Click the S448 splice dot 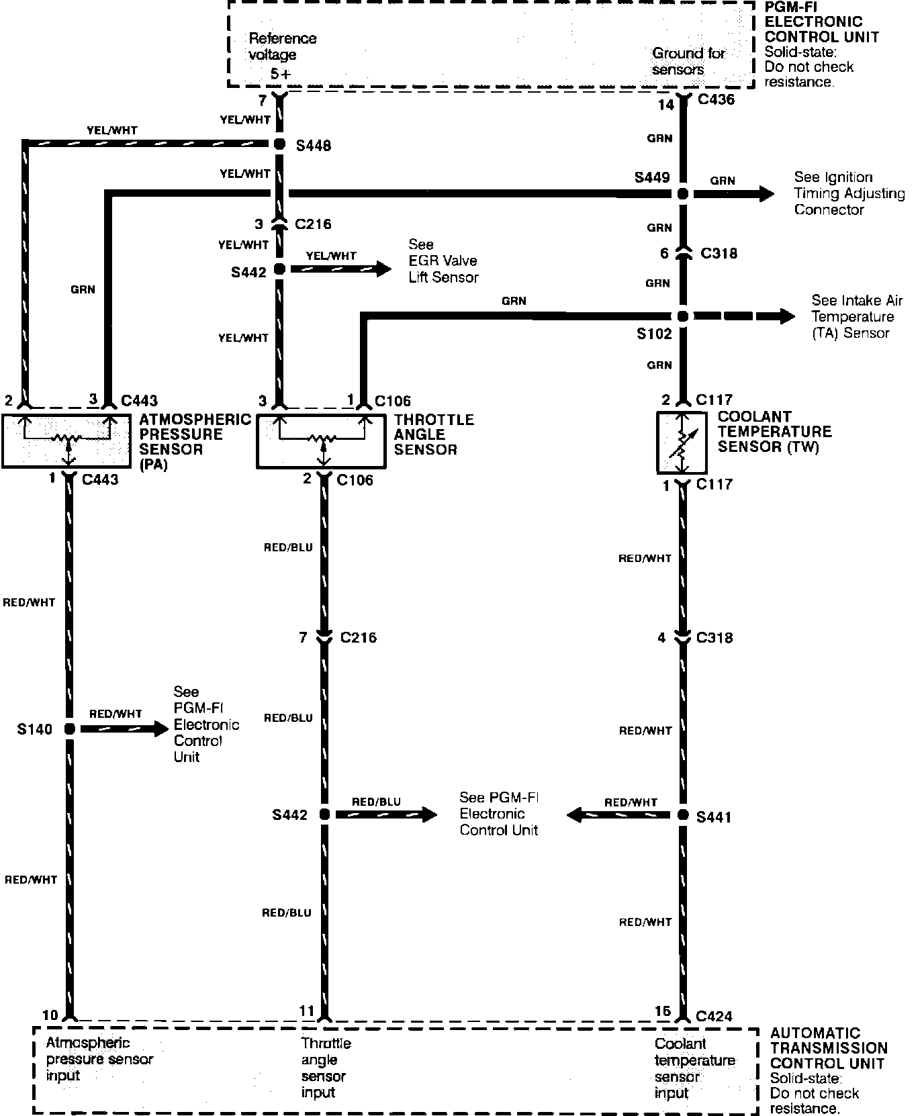coord(280,144)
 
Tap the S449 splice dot coord(682,194)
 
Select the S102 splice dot coord(682,316)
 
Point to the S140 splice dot coord(68,729)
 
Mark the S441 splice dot coord(682,815)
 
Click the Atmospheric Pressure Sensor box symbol coord(66,441)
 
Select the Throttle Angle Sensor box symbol coord(321,441)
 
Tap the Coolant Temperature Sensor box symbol coord(682,443)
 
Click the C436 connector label coord(716,100)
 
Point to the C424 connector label coord(714,1017)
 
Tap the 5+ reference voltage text coord(281,74)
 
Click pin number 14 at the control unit coord(665,104)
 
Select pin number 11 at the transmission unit coord(306,1011)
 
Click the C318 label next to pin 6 coord(719,253)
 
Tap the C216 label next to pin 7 coord(359,637)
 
